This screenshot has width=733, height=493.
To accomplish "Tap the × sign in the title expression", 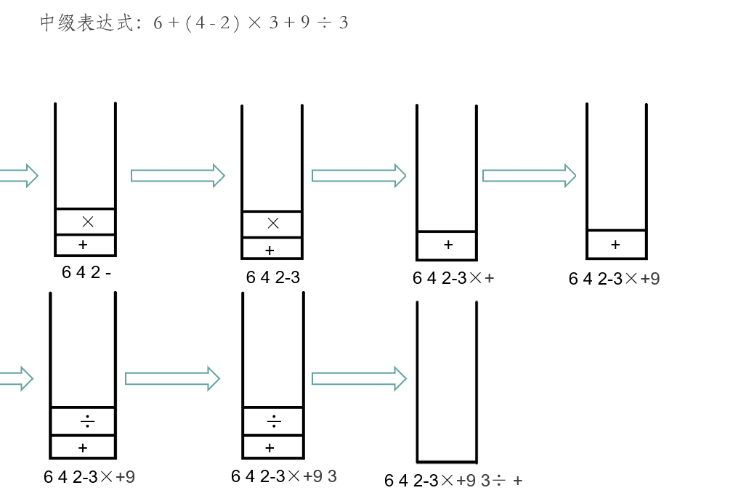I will coord(254,23).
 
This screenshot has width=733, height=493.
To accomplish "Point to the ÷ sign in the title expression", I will coord(324,23).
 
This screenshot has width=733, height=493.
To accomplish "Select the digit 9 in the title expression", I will coord(305,23).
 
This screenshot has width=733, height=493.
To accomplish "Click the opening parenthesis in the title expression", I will coord(189,23).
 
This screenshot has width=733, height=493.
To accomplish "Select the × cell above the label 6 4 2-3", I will coord(273,223).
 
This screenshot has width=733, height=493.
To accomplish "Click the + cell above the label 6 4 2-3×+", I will coord(448,245).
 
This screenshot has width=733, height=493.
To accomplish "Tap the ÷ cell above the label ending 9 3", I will coord(274,420).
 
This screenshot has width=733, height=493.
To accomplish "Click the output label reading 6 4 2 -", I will coord(86,273).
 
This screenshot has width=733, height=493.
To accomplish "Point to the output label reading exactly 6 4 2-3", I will coord(272,277).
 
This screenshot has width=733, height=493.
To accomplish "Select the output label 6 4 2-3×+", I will coord(453,277).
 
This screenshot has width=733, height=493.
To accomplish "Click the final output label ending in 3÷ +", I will coord(453,480).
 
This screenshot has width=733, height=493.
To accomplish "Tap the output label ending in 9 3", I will coord(284,476).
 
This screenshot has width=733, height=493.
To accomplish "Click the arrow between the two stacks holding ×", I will coord(178,175).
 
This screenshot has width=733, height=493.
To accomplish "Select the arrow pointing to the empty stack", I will coord(359,378).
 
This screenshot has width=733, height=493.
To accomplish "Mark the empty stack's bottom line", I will coord(447,461).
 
